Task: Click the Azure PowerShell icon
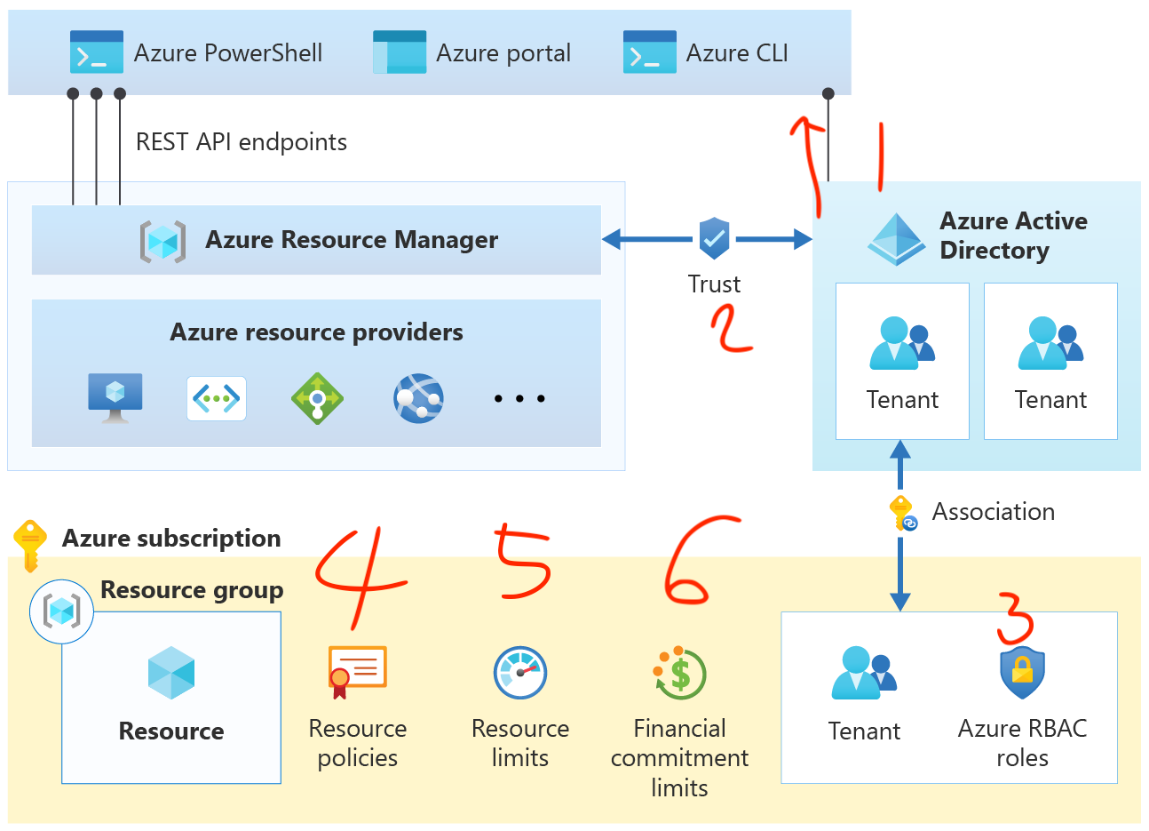tap(96, 52)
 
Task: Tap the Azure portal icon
tap(400, 52)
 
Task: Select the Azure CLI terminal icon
tap(649, 52)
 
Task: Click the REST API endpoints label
tap(241, 142)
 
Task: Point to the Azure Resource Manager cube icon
tap(162, 241)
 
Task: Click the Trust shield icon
tap(714, 237)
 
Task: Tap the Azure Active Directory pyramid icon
tap(896, 239)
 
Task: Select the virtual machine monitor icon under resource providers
tap(115, 397)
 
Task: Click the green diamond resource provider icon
tap(317, 398)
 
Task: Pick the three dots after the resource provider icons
tap(519, 399)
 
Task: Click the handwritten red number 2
tap(731, 329)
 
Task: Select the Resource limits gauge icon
tap(520, 673)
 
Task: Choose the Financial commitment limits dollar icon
tap(679, 674)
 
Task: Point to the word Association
tap(993, 512)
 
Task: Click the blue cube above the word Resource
tap(171, 673)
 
